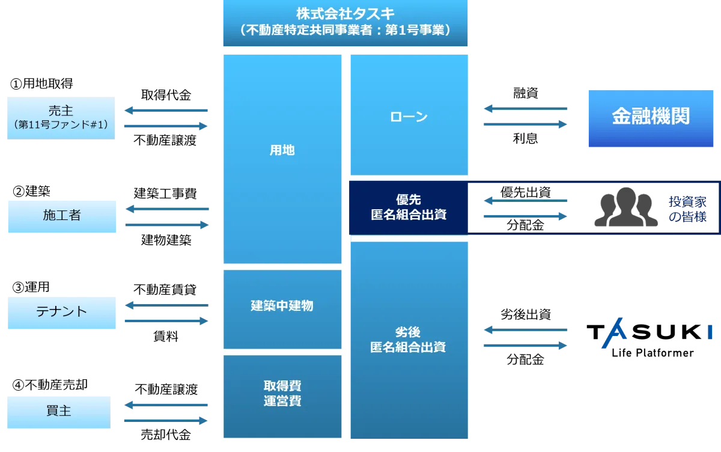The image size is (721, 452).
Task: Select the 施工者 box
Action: point(62,216)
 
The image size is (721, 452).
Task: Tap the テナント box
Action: point(62,312)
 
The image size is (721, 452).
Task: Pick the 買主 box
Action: point(58,412)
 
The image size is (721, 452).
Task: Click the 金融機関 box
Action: point(651,117)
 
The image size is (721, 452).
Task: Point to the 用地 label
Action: point(282,150)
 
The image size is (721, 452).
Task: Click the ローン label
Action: point(409,117)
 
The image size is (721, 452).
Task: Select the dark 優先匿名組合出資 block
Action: point(409,207)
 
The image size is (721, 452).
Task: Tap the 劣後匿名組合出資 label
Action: point(409,340)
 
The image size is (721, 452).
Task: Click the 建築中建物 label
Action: point(282,306)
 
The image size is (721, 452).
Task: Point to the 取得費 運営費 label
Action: point(282,393)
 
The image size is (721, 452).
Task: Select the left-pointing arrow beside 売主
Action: point(166,111)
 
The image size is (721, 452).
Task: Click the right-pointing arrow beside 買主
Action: point(166,421)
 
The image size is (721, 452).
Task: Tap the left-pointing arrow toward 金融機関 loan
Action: point(526,109)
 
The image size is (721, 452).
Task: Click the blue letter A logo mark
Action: point(614,335)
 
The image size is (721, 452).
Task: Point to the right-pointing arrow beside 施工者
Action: point(168,225)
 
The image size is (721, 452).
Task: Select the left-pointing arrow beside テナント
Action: point(166,305)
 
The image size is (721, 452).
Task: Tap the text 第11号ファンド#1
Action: point(60,125)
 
